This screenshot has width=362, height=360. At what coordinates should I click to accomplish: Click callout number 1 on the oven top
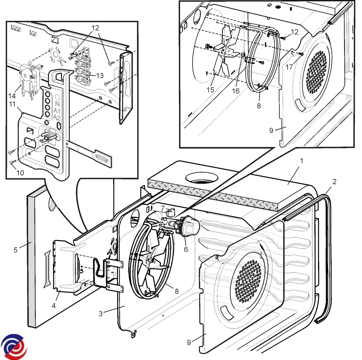click(x=301, y=161)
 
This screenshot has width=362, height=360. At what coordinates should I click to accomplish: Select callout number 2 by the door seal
click(x=334, y=182)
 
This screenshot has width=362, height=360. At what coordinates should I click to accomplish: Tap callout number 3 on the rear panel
click(x=101, y=314)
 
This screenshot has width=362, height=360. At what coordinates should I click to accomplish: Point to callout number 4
click(x=53, y=305)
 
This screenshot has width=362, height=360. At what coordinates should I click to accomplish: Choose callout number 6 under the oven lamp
click(x=186, y=249)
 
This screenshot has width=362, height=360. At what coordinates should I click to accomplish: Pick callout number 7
click(x=162, y=208)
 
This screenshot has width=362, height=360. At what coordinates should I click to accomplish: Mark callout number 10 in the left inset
click(x=20, y=173)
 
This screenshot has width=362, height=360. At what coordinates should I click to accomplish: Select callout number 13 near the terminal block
click(x=100, y=75)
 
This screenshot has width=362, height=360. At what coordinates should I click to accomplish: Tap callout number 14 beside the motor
click(x=12, y=96)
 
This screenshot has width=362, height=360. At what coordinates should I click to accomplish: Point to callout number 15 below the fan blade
click(x=210, y=90)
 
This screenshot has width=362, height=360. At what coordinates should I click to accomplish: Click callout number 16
click(x=236, y=91)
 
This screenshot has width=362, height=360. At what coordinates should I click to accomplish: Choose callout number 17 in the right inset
click(x=289, y=66)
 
